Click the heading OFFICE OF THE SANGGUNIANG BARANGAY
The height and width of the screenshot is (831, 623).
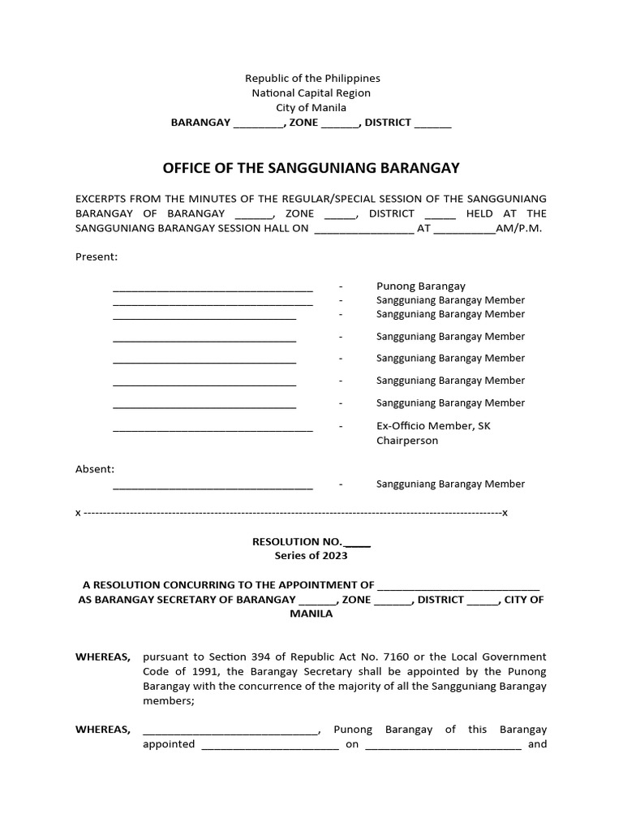(x=311, y=168)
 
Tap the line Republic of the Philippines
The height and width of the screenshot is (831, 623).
(x=312, y=78)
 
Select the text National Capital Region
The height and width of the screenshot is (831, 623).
(x=311, y=93)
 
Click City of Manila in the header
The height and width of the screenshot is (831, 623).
(x=311, y=107)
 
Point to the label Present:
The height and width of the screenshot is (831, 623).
(x=97, y=256)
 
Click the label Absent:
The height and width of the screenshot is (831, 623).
(x=95, y=469)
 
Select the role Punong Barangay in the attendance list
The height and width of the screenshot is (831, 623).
(x=420, y=286)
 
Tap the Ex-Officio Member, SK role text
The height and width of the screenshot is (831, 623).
(x=433, y=425)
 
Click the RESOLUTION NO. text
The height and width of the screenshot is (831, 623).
(x=298, y=540)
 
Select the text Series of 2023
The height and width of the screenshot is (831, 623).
(x=311, y=555)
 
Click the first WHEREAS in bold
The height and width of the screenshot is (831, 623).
(x=102, y=656)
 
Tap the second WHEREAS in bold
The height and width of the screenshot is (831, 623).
(x=102, y=729)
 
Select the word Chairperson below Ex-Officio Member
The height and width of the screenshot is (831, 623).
(x=407, y=441)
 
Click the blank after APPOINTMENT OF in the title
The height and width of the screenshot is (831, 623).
(x=458, y=585)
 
